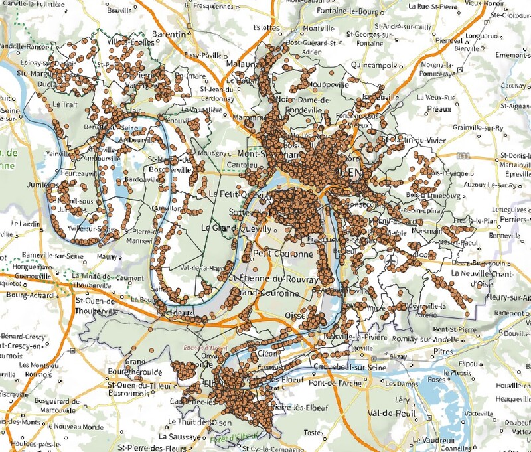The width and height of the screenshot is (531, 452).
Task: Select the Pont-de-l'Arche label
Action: click(334, 383)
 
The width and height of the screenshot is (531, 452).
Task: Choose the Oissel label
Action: click(298, 315)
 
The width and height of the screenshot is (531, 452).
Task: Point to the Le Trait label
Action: click(65, 104)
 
